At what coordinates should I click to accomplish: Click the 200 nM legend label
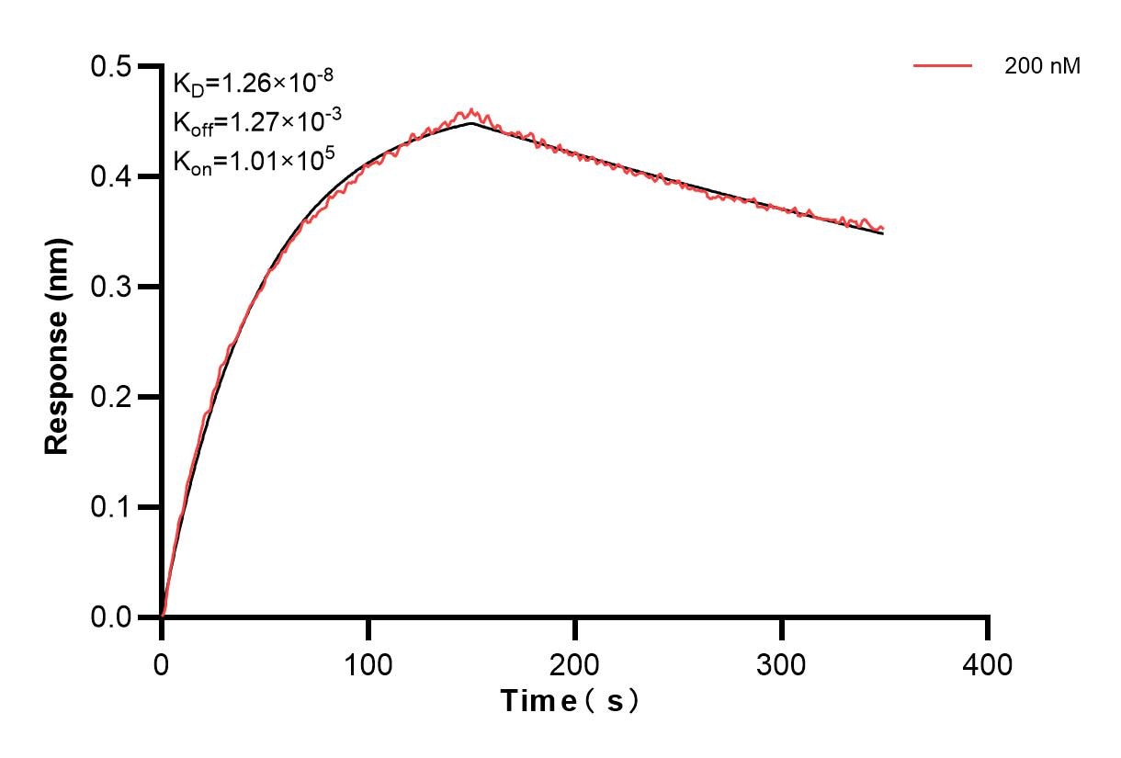[1043, 66]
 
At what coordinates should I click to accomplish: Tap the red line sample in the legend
[943, 66]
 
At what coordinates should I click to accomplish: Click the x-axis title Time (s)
[569, 701]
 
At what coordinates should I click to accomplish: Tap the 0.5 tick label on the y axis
[110, 67]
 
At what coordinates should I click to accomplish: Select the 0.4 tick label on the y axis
[110, 176]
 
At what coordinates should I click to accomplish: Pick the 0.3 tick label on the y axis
[110, 287]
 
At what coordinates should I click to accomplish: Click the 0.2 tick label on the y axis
[110, 397]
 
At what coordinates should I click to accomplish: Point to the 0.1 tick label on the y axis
[110, 507]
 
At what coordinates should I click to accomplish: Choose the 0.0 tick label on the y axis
[110, 617]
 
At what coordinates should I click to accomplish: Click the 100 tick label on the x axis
[368, 663]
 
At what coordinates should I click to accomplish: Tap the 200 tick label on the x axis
[575, 663]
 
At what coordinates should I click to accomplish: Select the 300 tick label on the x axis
[782, 663]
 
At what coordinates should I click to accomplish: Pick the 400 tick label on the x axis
[988, 663]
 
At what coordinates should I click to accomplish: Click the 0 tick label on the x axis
[162, 663]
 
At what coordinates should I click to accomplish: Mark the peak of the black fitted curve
[471, 122]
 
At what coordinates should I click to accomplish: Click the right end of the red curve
[883, 229]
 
